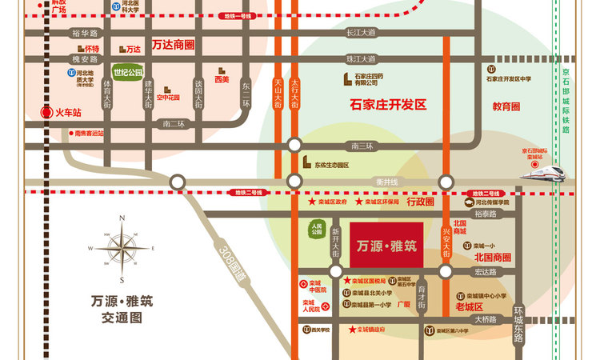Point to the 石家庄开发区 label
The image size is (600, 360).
click(x=390, y=105)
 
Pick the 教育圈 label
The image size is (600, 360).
click(x=506, y=106)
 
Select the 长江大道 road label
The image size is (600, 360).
click(x=360, y=34)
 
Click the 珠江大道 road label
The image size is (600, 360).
click(x=360, y=59)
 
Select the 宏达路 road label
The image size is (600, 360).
click(x=486, y=272)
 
